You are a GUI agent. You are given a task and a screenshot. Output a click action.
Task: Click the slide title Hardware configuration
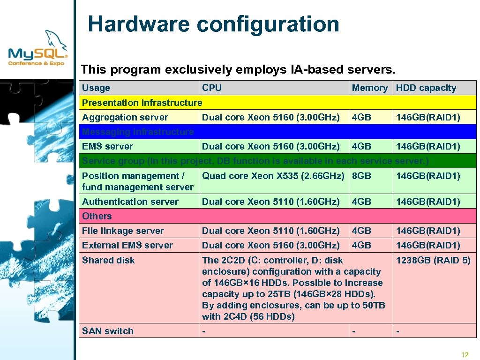213,24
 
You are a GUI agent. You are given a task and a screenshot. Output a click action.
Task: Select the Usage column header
96,88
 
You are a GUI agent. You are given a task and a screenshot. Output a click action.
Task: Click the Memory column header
370,88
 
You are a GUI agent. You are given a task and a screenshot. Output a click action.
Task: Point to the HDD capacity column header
426,88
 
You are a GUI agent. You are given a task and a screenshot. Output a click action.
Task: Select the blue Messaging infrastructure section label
138,132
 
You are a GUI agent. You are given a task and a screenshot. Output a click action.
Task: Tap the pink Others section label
97,216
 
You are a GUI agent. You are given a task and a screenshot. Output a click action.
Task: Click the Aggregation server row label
125,117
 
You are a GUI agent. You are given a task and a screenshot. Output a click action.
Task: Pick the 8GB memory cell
361,176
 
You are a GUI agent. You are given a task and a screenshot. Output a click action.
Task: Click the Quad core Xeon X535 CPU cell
273,176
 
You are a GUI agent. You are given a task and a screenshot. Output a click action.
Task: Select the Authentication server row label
130,202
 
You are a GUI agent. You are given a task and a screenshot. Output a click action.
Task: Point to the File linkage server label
123,231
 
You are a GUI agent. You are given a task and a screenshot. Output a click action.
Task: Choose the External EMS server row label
127,245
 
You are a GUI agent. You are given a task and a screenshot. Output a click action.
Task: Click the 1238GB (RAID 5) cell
433,260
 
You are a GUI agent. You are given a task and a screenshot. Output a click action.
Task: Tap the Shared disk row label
108,260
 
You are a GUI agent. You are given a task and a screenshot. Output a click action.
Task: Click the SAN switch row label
108,331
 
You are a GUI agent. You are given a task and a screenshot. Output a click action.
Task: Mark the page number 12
465,354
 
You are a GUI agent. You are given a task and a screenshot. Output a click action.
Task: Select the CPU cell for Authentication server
270,202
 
